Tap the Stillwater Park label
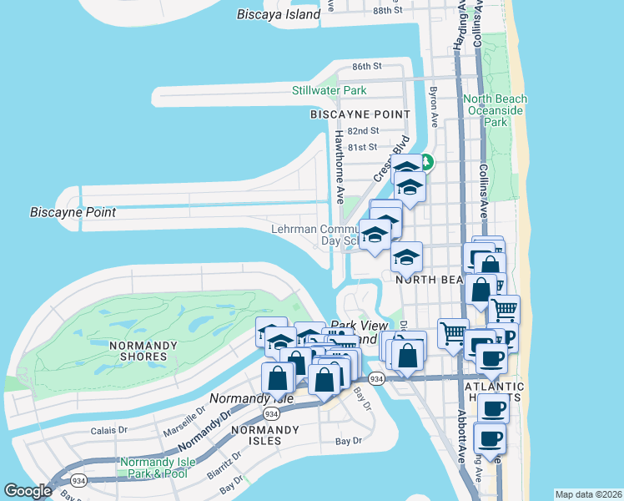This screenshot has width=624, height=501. [x=330, y=90]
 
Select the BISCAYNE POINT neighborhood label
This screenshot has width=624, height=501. [x=360, y=114]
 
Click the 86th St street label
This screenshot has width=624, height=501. [x=366, y=66]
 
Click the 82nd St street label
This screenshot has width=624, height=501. [x=363, y=131]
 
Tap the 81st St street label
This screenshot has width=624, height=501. [x=363, y=148]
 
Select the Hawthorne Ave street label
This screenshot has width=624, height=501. [x=340, y=167]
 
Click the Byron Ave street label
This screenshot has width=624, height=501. [x=433, y=103]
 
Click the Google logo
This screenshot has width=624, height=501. [x=28, y=491]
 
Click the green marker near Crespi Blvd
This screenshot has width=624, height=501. [x=425, y=161]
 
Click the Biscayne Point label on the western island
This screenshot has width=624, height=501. [x=72, y=212]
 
